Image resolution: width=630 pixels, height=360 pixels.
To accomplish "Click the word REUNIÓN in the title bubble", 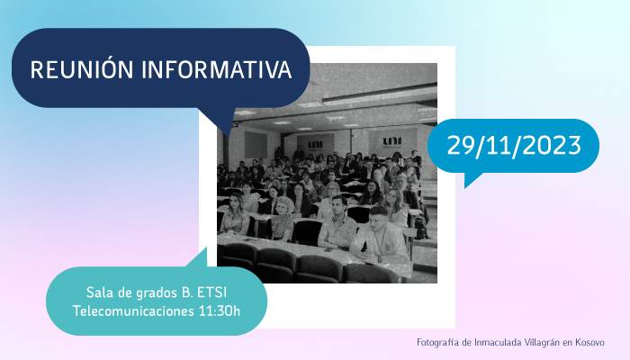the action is point(82,69).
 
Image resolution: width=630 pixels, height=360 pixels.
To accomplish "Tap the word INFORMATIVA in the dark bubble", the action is point(217,69).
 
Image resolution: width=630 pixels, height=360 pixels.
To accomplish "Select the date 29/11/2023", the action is point(514,145).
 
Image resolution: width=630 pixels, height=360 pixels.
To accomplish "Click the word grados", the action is point(156,293).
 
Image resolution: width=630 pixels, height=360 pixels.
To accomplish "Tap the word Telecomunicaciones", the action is point(133,311).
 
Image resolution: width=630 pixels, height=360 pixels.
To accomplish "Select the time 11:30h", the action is point(220,311).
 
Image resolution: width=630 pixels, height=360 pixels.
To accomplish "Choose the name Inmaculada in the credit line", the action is point(498,342).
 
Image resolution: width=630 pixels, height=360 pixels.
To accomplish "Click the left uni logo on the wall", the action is point(315,144).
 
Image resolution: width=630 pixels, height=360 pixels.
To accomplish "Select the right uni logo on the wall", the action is point(391,141).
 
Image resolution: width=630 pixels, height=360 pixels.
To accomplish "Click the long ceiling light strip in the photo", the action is point(379,94).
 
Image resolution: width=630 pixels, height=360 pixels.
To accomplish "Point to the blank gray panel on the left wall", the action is point(256,145).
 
